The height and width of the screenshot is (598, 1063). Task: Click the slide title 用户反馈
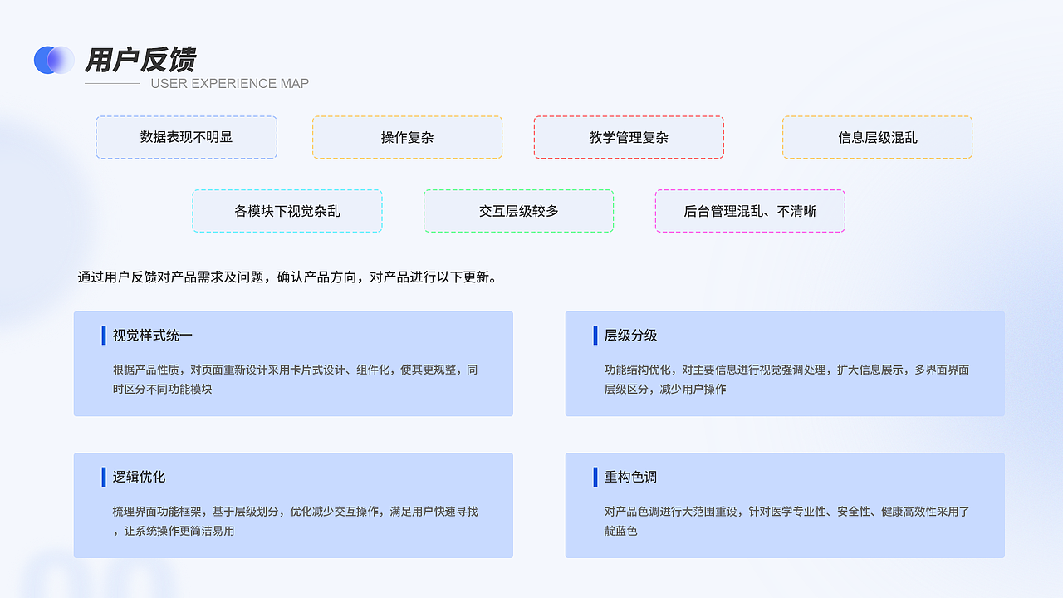pyautogui.click(x=140, y=60)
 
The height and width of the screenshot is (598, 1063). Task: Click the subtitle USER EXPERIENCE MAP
pyautogui.click(x=229, y=83)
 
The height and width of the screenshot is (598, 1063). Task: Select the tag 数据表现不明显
pyautogui.click(x=186, y=137)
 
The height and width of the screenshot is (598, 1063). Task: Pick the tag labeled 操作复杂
pyautogui.click(x=407, y=137)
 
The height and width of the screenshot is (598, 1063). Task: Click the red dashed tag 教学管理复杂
pyautogui.click(x=629, y=137)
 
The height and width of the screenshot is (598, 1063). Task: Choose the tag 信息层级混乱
pyautogui.click(x=877, y=137)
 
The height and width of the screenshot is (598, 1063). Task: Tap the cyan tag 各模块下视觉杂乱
pyautogui.click(x=287, y=211)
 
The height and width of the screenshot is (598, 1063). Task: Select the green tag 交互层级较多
pyautogui.click(x=518, y=211)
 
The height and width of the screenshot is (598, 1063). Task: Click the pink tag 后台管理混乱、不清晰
pyautogui.click(x=750, y=211)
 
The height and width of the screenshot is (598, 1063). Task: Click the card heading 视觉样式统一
pyautogui.click(x=153, y=336)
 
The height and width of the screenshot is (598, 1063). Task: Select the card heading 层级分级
pyautogui.click(x=631, y=336)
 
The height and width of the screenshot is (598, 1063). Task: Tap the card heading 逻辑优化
pyautogui.click(x=140, y=477)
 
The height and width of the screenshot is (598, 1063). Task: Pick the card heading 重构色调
pyautogui.click(x=631, y=477)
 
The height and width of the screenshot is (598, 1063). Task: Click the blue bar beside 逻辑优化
pyautogui.click(x=104, y=477)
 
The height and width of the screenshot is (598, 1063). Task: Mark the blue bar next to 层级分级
pyautogui.click(x=595, y=336)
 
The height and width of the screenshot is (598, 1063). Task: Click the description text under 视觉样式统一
pyautogui.click(x=295, y=379)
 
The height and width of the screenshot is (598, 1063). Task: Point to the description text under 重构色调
pyautogui.click(x=786, y=521)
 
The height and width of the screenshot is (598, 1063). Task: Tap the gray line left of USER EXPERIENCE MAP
pyautogui.click(x=112, y=83)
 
